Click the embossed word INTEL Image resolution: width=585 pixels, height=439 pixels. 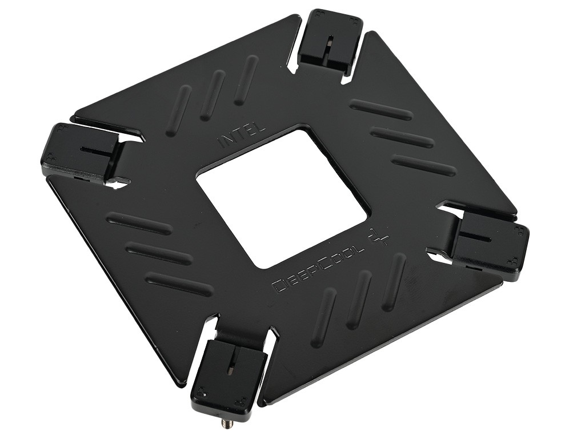241,135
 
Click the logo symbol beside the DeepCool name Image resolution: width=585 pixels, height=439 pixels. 377,238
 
